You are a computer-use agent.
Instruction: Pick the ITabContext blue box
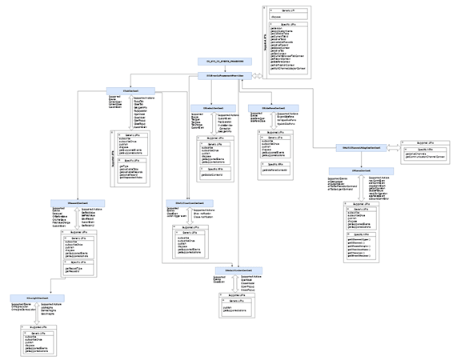(x=126, y=90)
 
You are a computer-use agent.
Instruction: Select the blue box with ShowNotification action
(x=185, y=202)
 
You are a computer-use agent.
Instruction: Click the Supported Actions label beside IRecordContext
(x=94, y=209)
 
